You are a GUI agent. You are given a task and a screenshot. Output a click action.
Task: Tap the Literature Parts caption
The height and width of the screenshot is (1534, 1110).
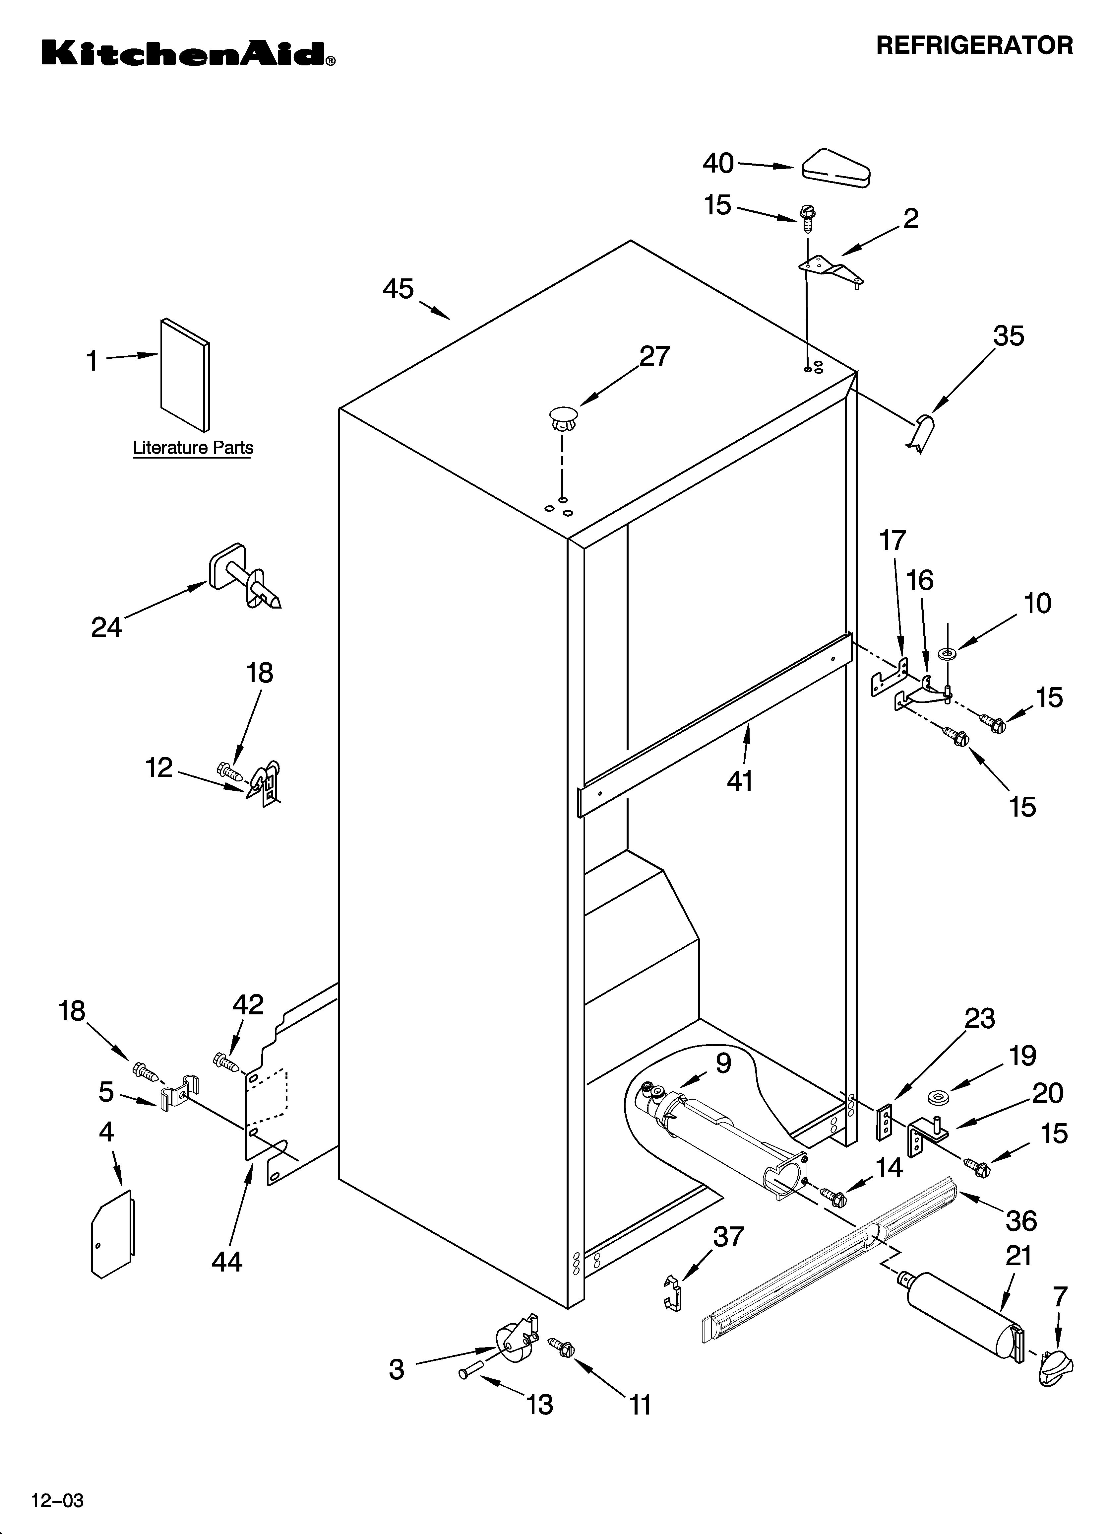193,448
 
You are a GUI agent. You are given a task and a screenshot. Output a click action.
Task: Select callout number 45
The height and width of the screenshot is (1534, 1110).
398,289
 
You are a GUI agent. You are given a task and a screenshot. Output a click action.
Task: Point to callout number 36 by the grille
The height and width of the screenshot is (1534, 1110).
1021,1221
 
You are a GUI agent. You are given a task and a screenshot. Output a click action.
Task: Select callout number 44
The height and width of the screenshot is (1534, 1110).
226,1262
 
